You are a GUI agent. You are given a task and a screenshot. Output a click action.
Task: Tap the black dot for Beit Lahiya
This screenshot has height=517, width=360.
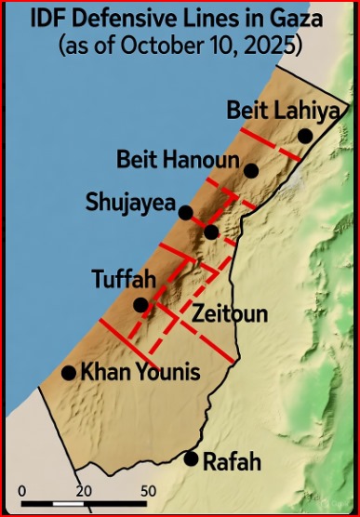tap(305, 136)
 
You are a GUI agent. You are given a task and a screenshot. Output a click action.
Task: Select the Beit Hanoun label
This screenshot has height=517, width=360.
tap(178, 159)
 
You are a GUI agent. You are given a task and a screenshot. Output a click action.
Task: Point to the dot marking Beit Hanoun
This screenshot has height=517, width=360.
tap(250, 170)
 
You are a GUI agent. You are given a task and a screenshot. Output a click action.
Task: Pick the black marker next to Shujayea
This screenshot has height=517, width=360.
tap(186, 213)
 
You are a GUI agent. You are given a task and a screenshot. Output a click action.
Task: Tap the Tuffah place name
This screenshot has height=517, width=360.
tap(122, 279)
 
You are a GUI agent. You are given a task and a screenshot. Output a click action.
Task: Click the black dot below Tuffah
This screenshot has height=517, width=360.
tap(140, 305)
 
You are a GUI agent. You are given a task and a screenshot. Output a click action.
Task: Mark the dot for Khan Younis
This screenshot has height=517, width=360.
tap(68, 373)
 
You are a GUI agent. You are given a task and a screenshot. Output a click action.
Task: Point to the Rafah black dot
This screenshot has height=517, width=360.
tap(192, 458)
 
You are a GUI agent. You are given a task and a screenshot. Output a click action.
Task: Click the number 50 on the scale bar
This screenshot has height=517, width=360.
tap(147, 491)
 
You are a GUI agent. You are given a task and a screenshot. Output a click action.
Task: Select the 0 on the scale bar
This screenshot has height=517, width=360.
tap(24, 491)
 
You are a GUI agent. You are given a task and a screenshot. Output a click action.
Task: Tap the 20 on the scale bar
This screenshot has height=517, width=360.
tap(84, 491)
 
